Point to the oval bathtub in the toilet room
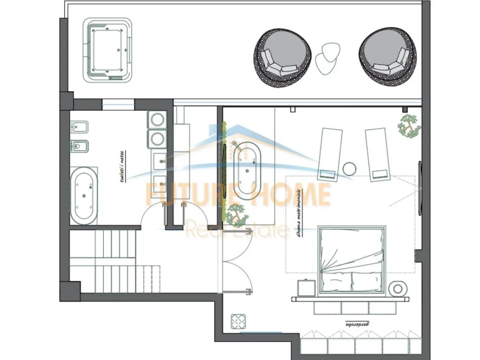83,197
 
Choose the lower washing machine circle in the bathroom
157,137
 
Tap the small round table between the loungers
349,168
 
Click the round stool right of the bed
399,288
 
